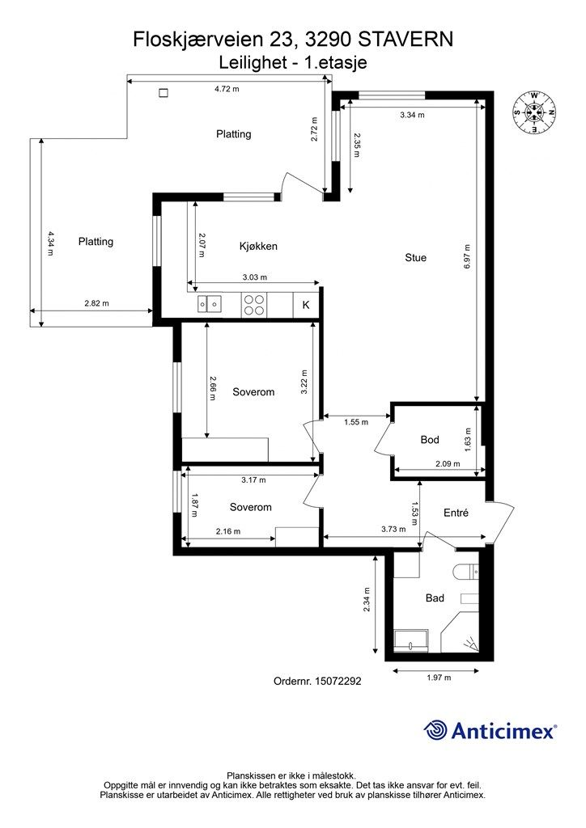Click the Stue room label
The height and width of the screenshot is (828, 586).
tap(415, 258)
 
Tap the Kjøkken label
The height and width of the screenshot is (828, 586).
tap(258, 246)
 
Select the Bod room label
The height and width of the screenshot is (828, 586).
tap(430, 439)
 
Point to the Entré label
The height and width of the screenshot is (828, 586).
tap(456, 513)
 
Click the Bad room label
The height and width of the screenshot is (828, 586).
tap(435, 598)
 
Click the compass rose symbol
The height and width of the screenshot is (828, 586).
tap(534, 112)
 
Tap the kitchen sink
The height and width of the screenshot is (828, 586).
tap(210, 304)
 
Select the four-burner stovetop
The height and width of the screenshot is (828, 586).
tap(253, 305)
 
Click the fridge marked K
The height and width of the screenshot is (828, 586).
tap(306, 305)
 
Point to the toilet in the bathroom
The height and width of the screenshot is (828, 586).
tap(466, 572)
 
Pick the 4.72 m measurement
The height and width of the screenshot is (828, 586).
tap(227, 89)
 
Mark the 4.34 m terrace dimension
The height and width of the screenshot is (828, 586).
tap(51, 243)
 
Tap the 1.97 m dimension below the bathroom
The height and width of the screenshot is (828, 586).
tap(439, 678)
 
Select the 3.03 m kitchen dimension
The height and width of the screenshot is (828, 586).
tap(255, 277)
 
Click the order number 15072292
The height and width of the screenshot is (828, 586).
tap(317, 681)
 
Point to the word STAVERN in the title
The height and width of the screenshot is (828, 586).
tap(406, 40)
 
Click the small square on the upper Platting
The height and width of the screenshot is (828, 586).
tap(163, 93)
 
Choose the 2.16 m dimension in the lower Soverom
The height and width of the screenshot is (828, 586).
tap(228, 531)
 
